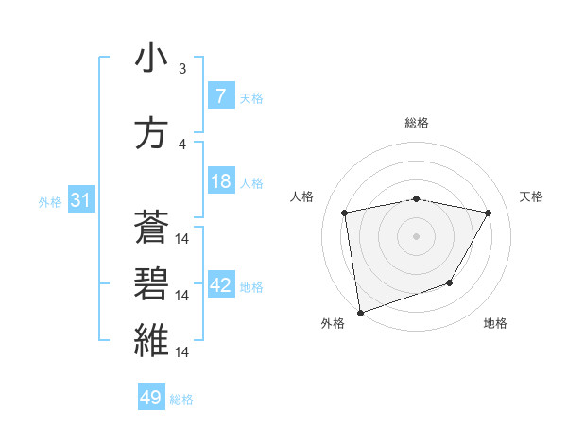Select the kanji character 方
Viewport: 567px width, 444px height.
[x=151, y=133]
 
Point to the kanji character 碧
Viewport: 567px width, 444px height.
[x=151, y=283]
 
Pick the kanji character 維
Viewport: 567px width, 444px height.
[x=151, y=340]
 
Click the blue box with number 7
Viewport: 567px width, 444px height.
[x=220, y=95]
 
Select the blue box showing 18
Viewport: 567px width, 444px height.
[x=220, y=181]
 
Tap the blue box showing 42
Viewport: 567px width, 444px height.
[x=220, y=285]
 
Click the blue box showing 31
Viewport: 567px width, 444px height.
[x=80, y=200]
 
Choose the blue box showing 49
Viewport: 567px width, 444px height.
[x=151, y=398]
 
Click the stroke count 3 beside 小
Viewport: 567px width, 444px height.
[x=182, y=69]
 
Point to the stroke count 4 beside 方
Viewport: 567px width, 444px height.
[x=182, y=145]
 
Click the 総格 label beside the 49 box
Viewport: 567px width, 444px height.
[x=181, y=400]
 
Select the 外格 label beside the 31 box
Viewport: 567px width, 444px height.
[x=50, y=201]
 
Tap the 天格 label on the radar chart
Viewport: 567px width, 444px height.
[x=532, y=196]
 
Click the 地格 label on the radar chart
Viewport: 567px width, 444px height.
[x=495, y=323]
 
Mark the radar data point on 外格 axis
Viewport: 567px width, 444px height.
[x=359, y=312]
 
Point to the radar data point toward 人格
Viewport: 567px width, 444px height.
[x=345, y=213]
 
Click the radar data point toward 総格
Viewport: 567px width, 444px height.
[x=417, y=199]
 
